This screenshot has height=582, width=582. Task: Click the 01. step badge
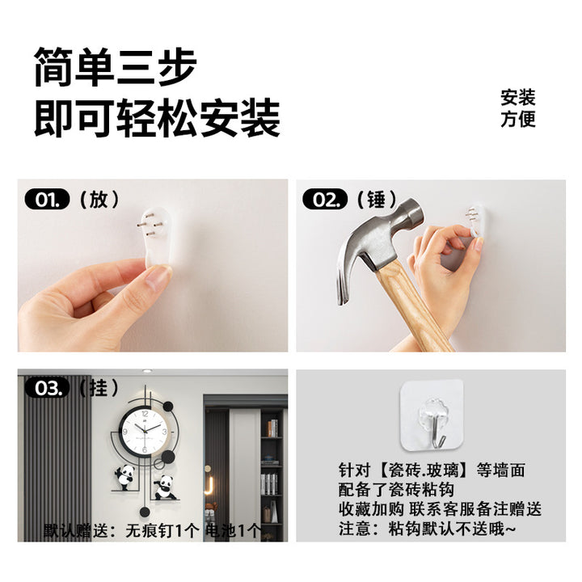(x=47, y=200)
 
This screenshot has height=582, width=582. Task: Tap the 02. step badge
(x=325, y=200)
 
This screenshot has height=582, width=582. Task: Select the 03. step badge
(x=47, y=388)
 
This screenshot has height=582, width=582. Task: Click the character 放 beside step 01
(x=99, y=200)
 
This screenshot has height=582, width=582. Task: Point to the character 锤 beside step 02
(x=377, y=200)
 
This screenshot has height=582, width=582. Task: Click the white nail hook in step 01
(x=157, y=236)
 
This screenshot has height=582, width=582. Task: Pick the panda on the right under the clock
(x=164, y=487)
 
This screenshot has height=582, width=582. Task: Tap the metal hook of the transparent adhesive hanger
(x=436, y=430)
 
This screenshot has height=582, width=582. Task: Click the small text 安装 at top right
(x=518, y=98)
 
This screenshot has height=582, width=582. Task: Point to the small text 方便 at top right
(x=518, y=119)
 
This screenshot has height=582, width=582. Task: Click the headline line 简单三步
(x=115, y=67)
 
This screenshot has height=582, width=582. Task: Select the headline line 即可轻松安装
(x=157, y=118)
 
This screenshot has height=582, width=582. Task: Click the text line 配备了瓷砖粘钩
(x=396, y=490)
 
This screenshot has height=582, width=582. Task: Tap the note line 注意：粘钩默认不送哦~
(x=428, y=529)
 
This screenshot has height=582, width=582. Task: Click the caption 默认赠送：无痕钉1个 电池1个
(x=153, y=531)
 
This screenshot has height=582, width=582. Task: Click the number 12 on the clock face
(x=145, y=414)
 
